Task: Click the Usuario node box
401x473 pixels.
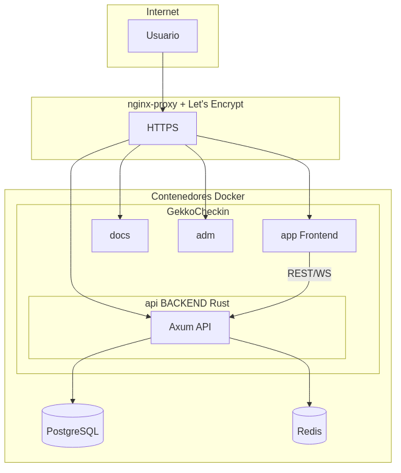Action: [162, 36]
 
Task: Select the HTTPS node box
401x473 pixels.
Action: [162, 128]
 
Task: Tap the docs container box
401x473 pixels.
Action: [120, 236]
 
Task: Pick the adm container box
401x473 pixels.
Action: [205, 236]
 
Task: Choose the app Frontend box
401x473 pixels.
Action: [309, 236]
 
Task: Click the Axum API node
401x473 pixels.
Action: [190, 327]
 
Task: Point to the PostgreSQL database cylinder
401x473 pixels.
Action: [72, 426]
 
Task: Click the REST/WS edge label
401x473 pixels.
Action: [309, 274]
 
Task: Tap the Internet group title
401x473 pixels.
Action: [162, 12]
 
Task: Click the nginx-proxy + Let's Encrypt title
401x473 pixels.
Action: [185, 104]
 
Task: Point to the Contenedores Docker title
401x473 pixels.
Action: [197, 197]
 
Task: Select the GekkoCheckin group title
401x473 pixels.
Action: [197, 212]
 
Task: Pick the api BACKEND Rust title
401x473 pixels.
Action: [187, 304]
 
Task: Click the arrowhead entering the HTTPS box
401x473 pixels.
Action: [162, 109]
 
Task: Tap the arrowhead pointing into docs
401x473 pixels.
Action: [120, 217]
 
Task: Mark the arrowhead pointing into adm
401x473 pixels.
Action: [205, 217]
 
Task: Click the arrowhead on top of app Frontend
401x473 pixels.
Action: [309, 217]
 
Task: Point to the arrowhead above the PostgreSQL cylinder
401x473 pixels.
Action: [72, 401]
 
